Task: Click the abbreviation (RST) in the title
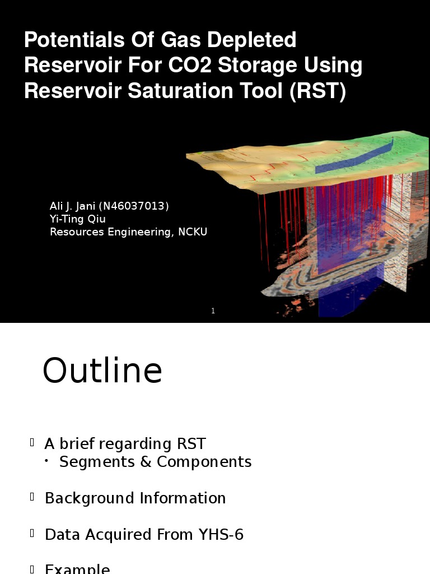point(317,91)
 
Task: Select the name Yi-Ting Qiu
point(78,219)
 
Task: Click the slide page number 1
point(213,311)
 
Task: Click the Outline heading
point(102,371)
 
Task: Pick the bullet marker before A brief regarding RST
point(32,443)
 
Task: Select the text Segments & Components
point(155,462)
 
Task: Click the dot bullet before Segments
point(47,461)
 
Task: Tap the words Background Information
point(135,498)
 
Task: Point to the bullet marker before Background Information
point(32,497)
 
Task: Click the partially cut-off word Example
point(77,568)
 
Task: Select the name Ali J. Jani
point(73,206)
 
